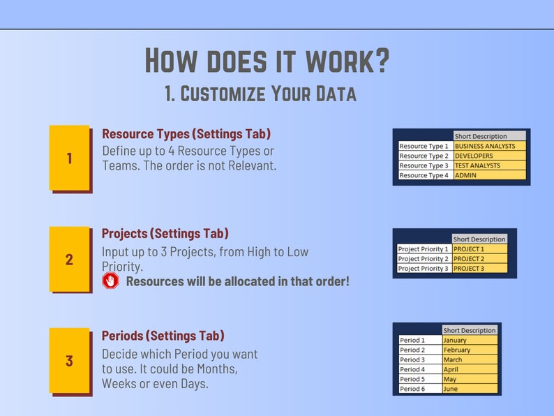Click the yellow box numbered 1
[69, 157]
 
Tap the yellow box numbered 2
[69, 259]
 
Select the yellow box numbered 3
[69, 360]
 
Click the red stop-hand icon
[110, 281]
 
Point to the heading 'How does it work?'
[267, 61]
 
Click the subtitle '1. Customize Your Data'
[260, 94]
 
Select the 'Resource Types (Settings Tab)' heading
[186, 133]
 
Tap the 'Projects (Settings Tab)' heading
[165, 233]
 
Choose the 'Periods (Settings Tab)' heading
[163, 336]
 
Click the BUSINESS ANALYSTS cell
[489, 147]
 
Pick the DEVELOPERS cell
[489, 156]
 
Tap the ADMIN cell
[489, 176]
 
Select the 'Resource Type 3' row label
[424, 166]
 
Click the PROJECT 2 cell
[479, 259]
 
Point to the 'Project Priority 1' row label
[423, 249]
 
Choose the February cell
[470, 350]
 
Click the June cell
[470, 389]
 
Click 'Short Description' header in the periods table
[470, 331]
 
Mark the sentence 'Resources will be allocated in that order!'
[237, 281]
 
